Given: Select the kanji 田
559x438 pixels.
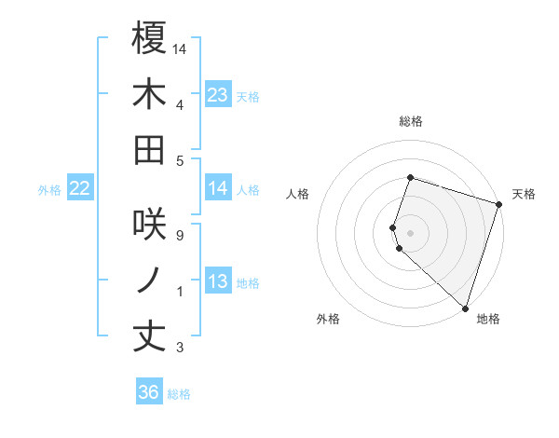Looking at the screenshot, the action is click(x=149, y=149).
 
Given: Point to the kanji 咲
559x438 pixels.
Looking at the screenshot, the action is click(x=149, y=224).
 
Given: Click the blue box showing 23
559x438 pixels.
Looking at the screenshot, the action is click(x=217, y=94).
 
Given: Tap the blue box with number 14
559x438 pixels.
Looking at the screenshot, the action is click(x=217, y=188).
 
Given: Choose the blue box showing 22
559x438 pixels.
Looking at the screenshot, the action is click(x=80, y=188).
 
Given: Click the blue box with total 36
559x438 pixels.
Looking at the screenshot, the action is click(x=149, y=392).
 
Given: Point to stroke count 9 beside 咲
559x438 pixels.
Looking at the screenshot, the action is click(x=179, y=235).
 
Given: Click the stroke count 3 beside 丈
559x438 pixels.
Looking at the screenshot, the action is click(x=179, y=348).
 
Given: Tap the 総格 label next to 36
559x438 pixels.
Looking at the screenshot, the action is click(x=179, y=394).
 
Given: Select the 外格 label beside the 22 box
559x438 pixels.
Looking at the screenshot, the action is click(x=49, y=190).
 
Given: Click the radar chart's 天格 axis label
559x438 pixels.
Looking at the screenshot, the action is click(x=524, y=194).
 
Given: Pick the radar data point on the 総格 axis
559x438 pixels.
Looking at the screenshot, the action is click(x=410, y=177).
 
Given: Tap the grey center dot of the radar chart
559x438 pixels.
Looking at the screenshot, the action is click(x=410, y=231).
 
